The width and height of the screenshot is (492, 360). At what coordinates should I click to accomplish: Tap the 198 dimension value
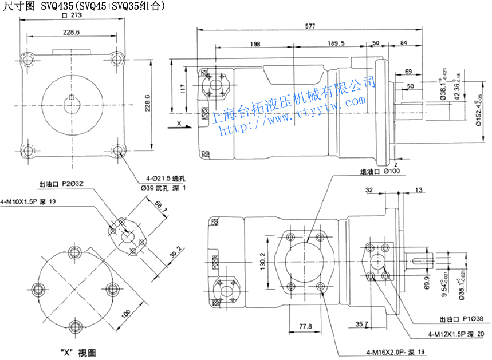click(255, 43)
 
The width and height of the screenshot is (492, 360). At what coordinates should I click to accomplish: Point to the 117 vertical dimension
click(183, 89)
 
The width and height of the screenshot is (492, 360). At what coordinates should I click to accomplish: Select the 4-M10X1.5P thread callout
click(29, 201)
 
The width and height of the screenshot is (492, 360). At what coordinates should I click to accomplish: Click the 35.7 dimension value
click(361, 325)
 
